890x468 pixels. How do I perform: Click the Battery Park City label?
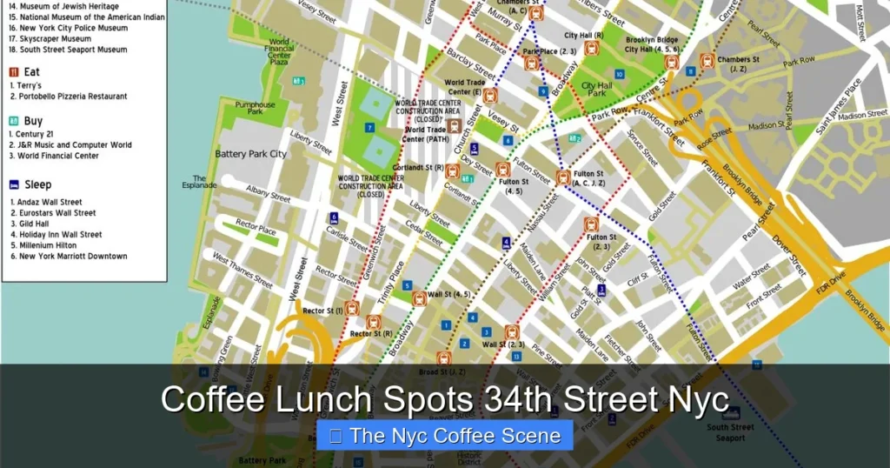click(x=250, y=154)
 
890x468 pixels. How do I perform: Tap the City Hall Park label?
click(x=597, y=90)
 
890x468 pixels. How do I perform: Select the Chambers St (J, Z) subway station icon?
click(x=707, y=61)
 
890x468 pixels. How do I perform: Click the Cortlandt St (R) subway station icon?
click(x=452, y=171)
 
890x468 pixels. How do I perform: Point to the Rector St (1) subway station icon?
click(x=352, y=308)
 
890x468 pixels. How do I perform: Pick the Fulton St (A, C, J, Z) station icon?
click(x=563, y=178)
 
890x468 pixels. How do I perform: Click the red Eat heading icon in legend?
click(x=14, y=72)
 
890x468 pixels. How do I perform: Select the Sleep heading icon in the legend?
click(x=14, y=184)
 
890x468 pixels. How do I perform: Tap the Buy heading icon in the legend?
click(x=14, y=122)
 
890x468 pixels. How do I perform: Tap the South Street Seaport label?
click(x=730, y=432)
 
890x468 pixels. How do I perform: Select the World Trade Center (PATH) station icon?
click(x=454, y=127)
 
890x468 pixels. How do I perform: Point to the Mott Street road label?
click(x=860, y=23)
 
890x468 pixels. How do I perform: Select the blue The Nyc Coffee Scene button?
click(x=444, y=436)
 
